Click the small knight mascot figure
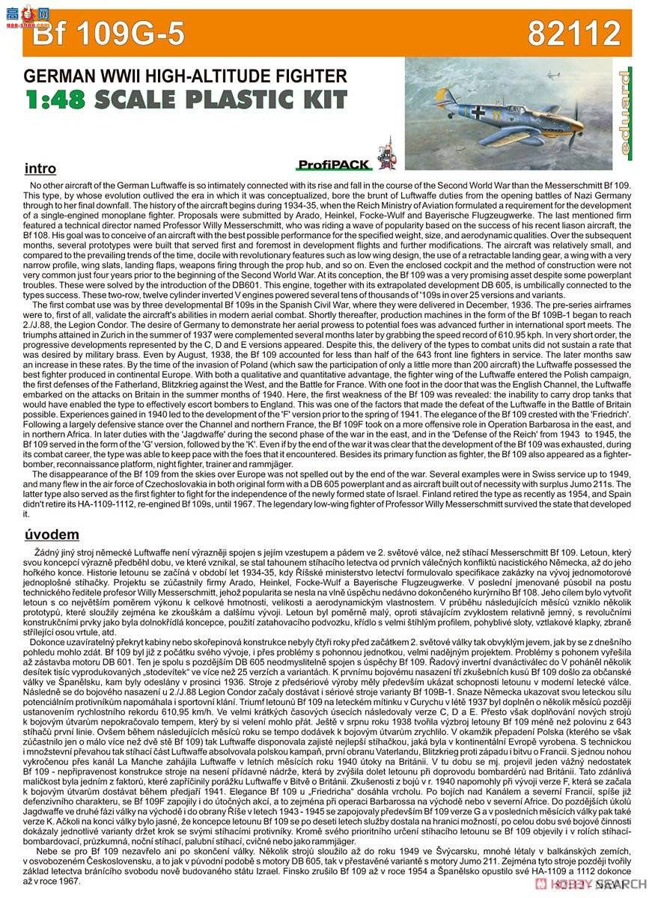point(386,153)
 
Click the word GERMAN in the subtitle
point(55,76)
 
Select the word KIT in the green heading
point(323,100)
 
